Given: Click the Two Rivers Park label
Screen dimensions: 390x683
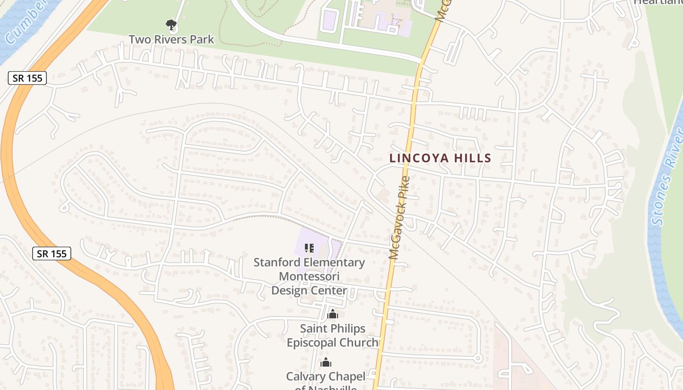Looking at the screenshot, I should (x=171, y=39).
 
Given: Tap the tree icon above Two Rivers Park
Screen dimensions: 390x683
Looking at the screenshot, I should (x=171, y=24).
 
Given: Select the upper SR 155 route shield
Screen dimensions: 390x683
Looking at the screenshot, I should (x=27, y=78).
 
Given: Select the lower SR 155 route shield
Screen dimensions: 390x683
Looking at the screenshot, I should (x=52, y=253).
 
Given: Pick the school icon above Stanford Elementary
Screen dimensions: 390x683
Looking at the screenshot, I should (x=309, y=248).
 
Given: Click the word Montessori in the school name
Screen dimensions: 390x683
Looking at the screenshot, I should (x=309, y=276).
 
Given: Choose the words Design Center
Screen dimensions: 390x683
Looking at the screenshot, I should (x=309, y=291).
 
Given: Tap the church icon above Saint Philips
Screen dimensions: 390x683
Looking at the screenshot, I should (x=333, y=314).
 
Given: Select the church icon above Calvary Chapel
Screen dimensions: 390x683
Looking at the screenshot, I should (x=325, y=363).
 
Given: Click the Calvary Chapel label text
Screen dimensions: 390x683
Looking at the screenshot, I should (x=325, y=376).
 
